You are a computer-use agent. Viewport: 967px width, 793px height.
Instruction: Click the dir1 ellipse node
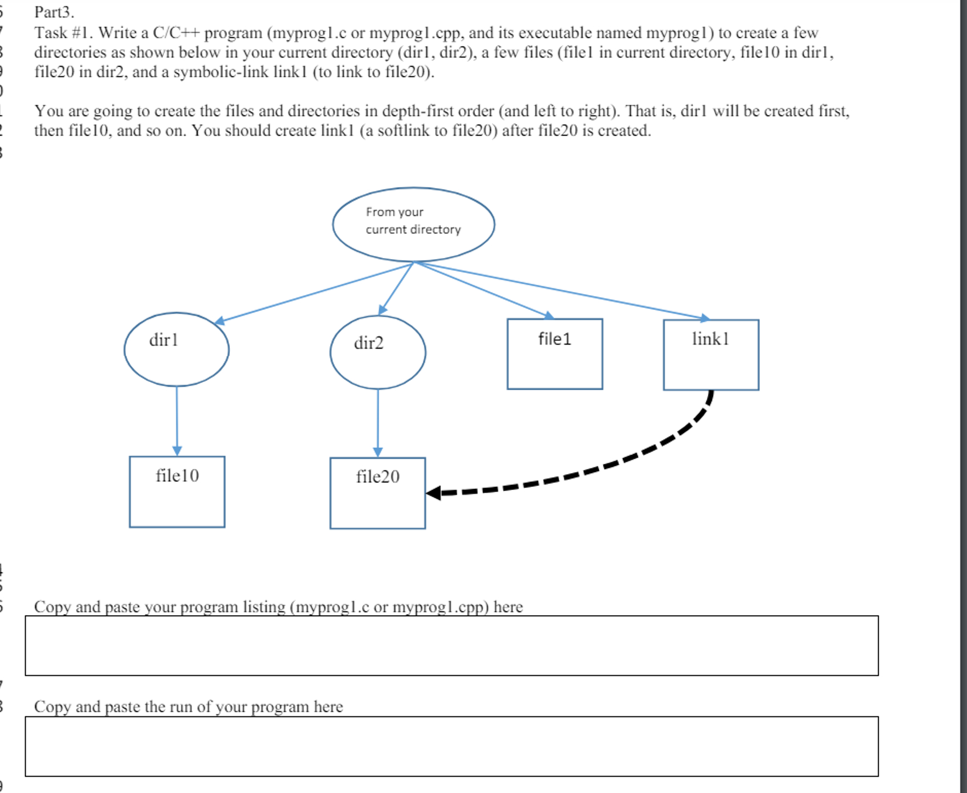[176, 350]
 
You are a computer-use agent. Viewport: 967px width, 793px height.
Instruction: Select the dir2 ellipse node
[378, 352]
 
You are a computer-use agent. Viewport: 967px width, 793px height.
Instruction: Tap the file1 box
[554, 354]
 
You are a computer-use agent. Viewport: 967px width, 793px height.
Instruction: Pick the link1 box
[711, 355]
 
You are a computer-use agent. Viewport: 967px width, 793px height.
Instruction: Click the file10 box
[177, 492]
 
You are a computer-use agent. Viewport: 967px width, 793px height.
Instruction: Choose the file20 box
[378, 493]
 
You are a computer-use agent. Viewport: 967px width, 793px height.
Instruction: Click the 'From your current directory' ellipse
[413, 224]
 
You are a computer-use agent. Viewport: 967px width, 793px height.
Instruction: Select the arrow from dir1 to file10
[177, 420]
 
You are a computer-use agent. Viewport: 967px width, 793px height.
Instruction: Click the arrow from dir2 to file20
[378, 423]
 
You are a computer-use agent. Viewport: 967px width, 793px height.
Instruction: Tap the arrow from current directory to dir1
[313, 293]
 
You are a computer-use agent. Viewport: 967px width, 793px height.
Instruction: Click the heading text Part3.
[54, 12]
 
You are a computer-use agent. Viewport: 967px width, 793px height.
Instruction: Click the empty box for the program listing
[451, 645]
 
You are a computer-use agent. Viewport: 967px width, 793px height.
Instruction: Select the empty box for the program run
[451, 746]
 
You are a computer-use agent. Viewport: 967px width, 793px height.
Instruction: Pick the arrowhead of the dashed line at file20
[434, 493]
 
